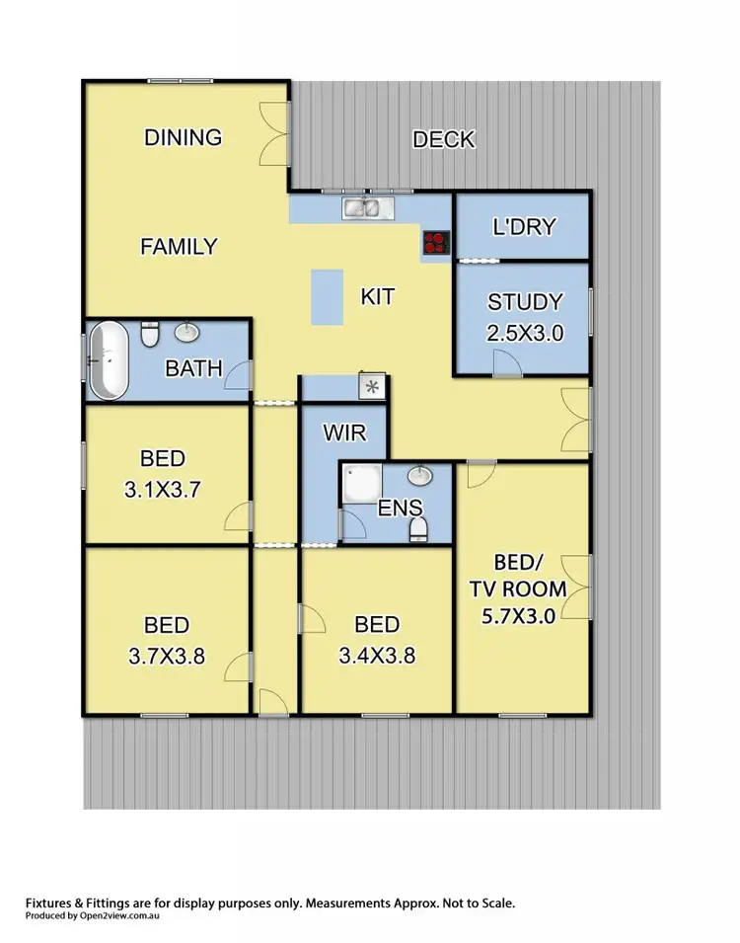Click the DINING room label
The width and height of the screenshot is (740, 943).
[x=184, y=137]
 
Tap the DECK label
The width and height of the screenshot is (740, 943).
[x=443, y=139]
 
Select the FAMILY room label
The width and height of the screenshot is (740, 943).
[x=178, y=246]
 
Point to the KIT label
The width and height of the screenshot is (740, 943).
[x=378, y=296]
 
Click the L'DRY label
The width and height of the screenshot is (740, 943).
[x=524, y=227]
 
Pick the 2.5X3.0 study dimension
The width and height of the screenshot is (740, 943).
[x=525, y=333]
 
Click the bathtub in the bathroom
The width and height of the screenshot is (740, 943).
[x=109, y=360]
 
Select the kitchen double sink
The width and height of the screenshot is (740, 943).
[x=368, y=207]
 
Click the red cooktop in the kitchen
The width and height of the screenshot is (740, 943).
[x=435, y=242]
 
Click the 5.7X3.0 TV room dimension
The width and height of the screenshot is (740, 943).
[x=523, y=618]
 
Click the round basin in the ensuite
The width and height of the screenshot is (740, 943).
[x=421, y=477]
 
